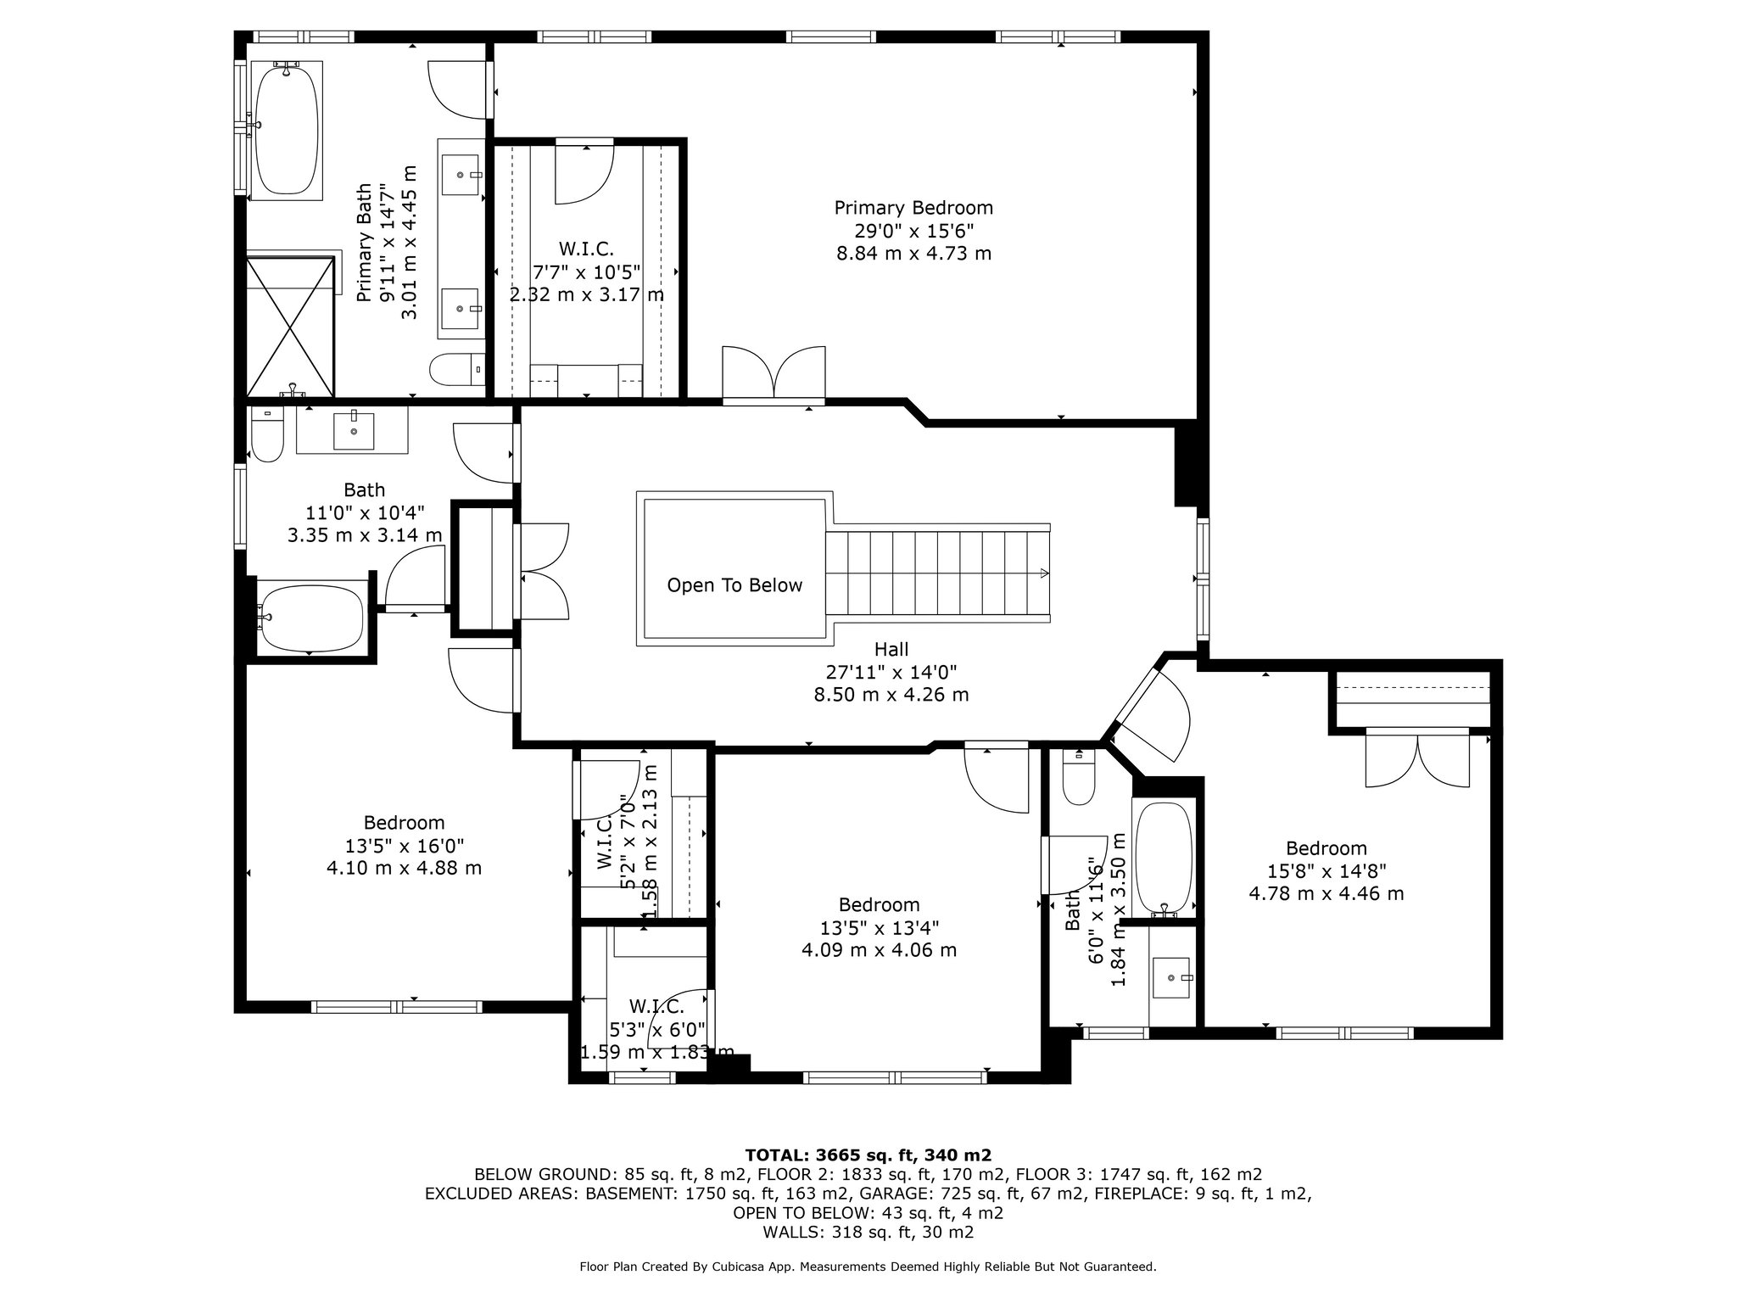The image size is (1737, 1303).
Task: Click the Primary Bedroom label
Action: [x=913, y=208]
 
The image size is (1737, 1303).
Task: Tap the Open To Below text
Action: [x=734, y=585]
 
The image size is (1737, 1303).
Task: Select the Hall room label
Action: [x=891, y=650]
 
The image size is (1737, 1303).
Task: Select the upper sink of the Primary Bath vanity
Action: [x=463, y=176]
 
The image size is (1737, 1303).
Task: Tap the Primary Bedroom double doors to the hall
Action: [x=774, y=373]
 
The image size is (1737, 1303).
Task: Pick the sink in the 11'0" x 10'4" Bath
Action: [x=353, y=430]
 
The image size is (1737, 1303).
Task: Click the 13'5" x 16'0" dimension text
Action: [x=405, y=846]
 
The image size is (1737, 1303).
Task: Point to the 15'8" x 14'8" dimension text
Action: [x=1326, y=871]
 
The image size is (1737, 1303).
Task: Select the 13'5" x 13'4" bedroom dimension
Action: [x=880, y=927]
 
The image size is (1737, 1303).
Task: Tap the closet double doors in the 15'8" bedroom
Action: [x=1417, y=758]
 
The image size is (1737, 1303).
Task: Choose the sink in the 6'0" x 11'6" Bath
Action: [x=1172, y=978]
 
